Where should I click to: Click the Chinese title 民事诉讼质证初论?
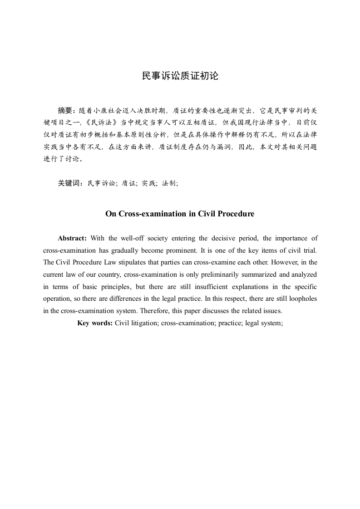pyautogui.click(x=180, y=76)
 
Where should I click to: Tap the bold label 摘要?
pyautogui.click(x=66, y=110)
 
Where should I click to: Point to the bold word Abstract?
pyautogui.click(x=72, y=239)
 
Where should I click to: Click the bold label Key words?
pyautogui.click(x=95, y=323)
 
